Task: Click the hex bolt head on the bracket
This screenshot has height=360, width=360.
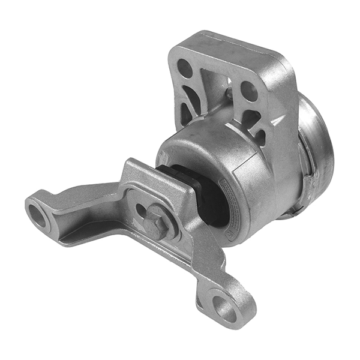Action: click(x=155, y=223)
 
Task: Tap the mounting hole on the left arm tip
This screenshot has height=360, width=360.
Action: click(x=38, y=215)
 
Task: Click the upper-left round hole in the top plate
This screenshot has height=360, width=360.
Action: click(x=185, y=68)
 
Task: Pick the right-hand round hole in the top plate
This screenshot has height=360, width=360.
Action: click(x=249, y=91)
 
